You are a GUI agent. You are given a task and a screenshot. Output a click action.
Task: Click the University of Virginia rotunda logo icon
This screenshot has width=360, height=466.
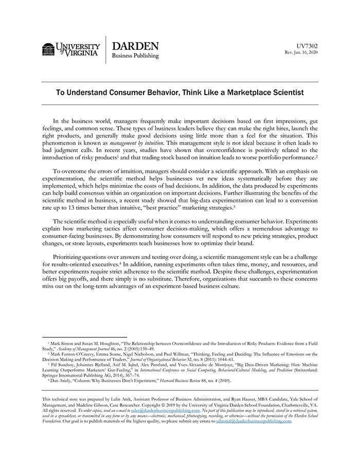click(48, 49)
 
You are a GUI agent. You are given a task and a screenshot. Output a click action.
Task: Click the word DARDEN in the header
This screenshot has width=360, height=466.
click(135, 46)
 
